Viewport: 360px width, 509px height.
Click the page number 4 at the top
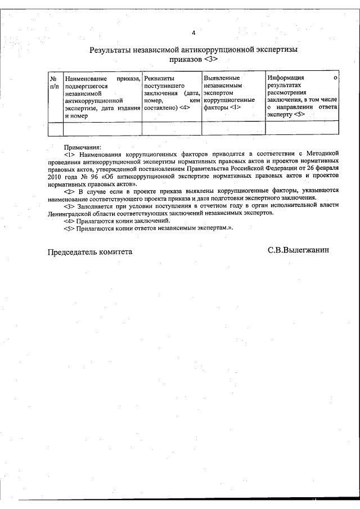click(193, 32)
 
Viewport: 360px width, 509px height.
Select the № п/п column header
click(55, 82)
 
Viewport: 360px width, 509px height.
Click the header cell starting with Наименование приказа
click(102, 96)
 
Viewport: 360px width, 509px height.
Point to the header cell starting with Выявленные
click(232, 92)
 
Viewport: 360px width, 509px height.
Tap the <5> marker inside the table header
click(299, 114)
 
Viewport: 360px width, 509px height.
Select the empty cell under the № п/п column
click(55, 128)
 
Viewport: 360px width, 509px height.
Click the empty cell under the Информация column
click(302, 128)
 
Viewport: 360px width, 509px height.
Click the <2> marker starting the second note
click(69, 191)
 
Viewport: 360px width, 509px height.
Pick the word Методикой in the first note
click(322, 154)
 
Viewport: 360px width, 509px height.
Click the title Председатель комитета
click(89, 252)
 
